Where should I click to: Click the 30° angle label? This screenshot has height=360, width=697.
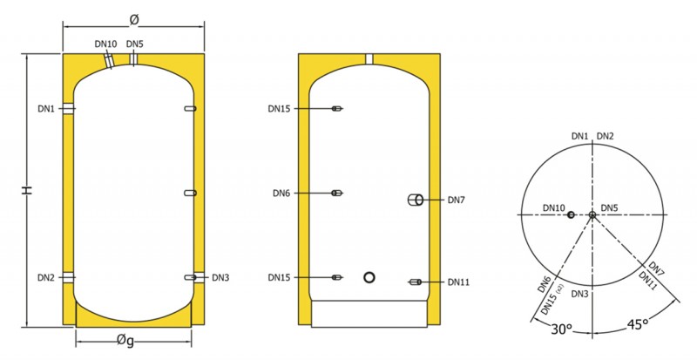(561, 329)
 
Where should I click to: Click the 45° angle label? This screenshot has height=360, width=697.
(636, 324)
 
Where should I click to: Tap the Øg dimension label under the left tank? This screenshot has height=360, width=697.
(125, 341)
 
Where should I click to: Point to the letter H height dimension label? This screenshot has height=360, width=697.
(28, 190)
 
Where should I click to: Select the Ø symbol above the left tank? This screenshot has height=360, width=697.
(134, 19)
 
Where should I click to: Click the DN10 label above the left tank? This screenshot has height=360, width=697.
(105, 44)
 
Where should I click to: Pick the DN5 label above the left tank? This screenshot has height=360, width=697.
(135, 44)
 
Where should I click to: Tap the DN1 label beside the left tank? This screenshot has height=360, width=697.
(46, 109)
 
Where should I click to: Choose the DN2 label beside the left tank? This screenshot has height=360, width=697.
(46, 278)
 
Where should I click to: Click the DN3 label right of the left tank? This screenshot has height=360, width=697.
(220, 278)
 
